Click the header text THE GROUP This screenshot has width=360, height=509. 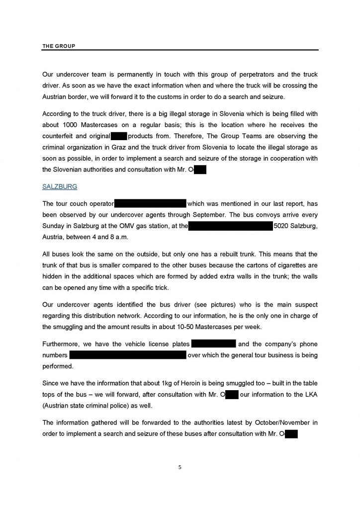point(59,46)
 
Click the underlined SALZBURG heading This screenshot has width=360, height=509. point(59,187)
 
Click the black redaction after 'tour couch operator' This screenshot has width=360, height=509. point(150,203)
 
